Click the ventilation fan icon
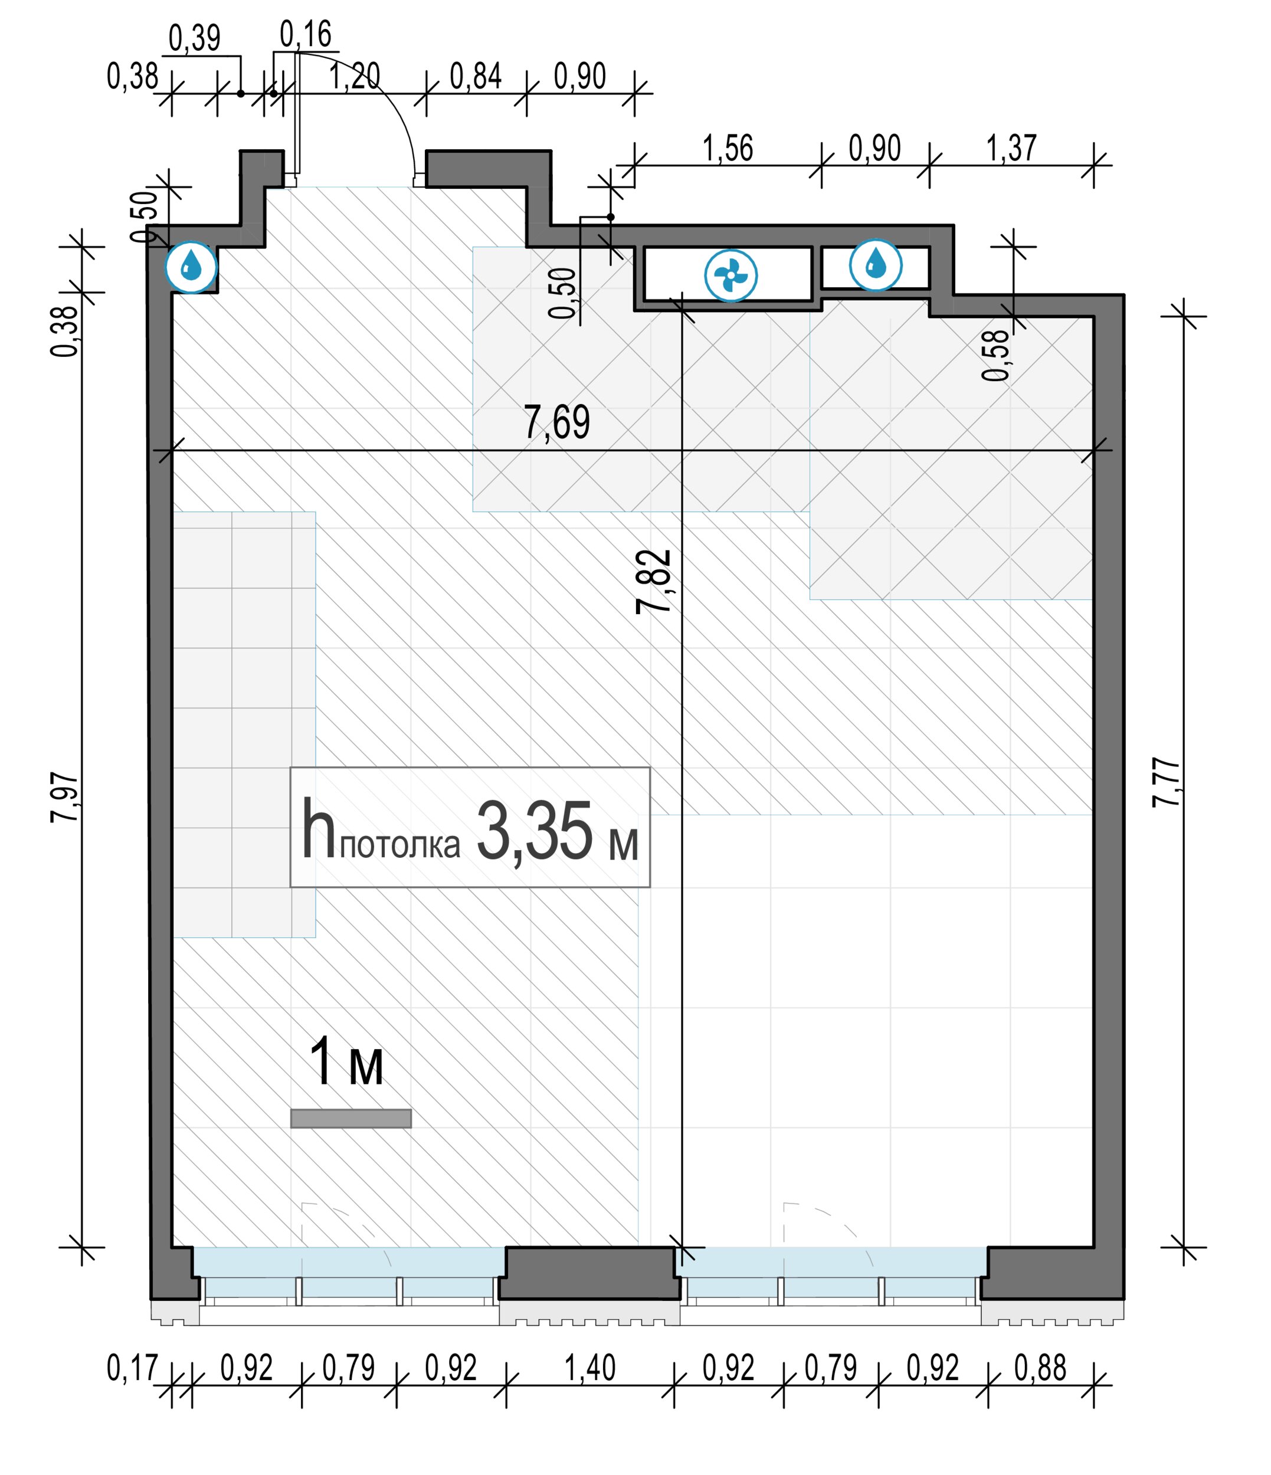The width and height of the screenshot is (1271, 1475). pyautogui.click(x=731, y=276)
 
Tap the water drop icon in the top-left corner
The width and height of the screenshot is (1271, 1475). pyautogui.click(x=191, y=268)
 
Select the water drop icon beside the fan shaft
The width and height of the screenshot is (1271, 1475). pyautogui.click(x=875, y=265)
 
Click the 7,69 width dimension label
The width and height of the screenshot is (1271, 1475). pyautogui.click(x=557, y=422)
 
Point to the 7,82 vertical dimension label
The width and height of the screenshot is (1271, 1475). pyautogui.click(x=654, y=582)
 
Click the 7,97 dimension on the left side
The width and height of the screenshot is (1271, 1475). pyautogui.click(x=65, y=798)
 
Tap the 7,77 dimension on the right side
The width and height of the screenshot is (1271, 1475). pyautogui.click(x=1167, y=782)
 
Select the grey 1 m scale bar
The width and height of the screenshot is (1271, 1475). pyautogui.click(x=350, y=1119)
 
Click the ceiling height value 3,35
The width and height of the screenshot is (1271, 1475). pyautogui.click(x=534, y=831)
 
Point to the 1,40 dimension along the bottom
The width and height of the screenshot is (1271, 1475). pyautogui.click(x=589, y=1368)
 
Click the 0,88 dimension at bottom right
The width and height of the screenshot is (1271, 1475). pyautogui.click(x=1040, y=1368)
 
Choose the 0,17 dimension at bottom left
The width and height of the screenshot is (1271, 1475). pyautogui.click(x=132, y=1368)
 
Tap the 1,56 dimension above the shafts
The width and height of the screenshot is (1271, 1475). pyautogui.click(x=728, y=148)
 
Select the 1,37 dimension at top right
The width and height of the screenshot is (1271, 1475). pyautogui.click(x=1011, y=148)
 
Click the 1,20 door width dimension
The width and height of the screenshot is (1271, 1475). pyautogui.click(x=355, y=76)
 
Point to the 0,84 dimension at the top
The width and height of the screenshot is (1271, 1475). pyautogui.click(x=476, y=76)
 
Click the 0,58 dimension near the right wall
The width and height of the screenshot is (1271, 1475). pyautogui.click(x=996, y=355)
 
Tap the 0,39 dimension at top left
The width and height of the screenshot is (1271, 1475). pyautogui.click(x=194, y=38)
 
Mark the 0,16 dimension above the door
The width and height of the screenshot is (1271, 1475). pyautogui.click(x=306, y=34)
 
